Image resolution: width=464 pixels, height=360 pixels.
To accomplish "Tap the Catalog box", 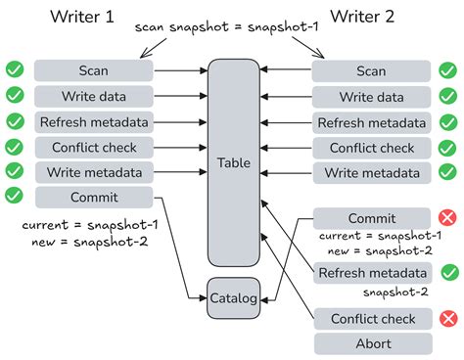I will point(232,297).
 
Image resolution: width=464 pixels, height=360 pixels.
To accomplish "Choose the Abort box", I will point(372,343).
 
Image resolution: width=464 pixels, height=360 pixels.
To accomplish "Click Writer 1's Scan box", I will point(95,70).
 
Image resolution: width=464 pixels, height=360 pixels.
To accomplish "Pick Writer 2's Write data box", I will point(372,96).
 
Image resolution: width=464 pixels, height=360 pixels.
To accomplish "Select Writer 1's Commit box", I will point(95,197).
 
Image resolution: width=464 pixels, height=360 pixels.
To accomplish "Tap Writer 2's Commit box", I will point(372,218).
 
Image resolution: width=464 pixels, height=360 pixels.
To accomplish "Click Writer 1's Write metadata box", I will point(95,172).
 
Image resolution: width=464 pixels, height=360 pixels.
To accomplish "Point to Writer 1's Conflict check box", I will point(95,147).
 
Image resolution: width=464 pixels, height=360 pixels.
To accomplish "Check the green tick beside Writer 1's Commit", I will point(15,197).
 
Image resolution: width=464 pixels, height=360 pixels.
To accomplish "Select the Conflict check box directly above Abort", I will point(372,319).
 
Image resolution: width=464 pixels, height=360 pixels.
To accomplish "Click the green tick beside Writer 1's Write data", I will point(15,96).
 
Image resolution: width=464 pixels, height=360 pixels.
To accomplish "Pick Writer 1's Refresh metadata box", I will point(95,121).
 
